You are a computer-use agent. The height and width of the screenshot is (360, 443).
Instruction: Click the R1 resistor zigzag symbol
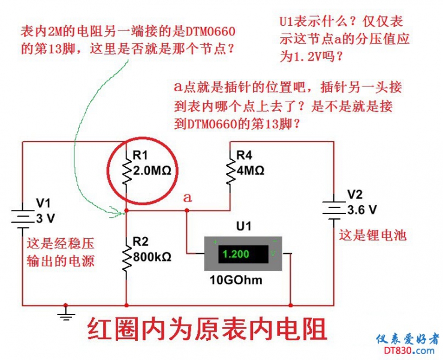tap(126, 170)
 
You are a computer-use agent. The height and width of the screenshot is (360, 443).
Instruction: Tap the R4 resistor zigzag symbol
tap(230, 170)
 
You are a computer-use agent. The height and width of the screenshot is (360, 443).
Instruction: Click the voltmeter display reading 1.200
tap(235, 254)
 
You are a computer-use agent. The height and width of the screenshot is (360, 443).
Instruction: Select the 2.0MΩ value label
tap(152, 171)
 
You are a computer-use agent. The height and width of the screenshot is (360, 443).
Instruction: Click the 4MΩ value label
tap(251, 170)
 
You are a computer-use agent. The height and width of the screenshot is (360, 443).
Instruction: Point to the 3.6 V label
tap(362, 210)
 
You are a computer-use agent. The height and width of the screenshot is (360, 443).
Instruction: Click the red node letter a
tap(187, 197)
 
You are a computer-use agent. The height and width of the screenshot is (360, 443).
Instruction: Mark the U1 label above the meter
tap(243, 226)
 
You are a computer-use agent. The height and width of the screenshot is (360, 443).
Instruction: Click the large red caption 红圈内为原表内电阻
tap(207, 329)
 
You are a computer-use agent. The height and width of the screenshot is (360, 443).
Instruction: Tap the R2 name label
tap(140, 242)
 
